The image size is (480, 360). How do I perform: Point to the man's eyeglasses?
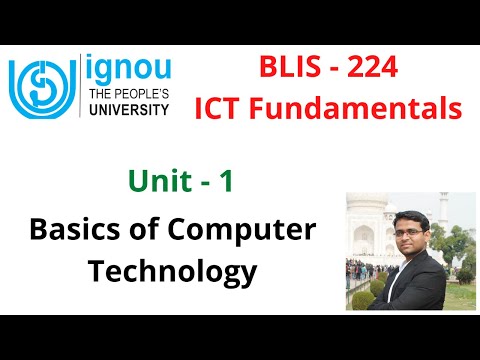click(411, 217)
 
